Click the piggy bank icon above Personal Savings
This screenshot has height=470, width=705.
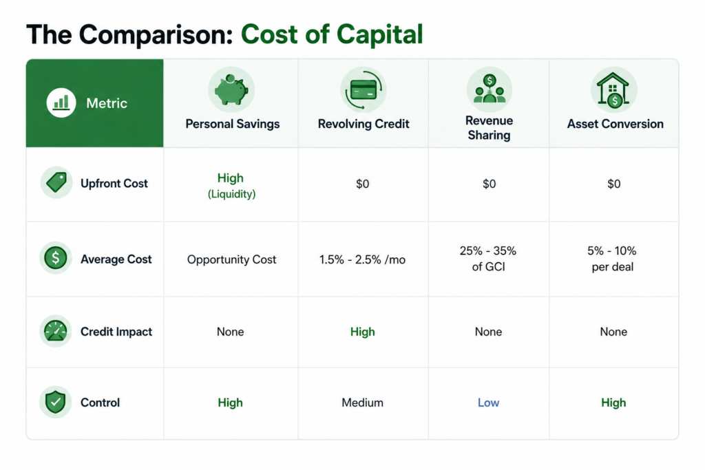(x=231, y=89)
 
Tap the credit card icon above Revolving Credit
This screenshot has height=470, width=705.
(x=364, y=89)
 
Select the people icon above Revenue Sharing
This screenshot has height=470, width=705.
(x=490, y=89)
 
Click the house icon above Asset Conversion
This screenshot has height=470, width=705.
(x=613, y=90)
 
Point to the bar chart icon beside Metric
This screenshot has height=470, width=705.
(x=61, y=103)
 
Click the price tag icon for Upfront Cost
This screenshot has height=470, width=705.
(x=56, y=182)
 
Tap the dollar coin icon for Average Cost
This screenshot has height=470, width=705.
(x=55, y=258)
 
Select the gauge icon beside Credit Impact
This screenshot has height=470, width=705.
(x=55, y=331)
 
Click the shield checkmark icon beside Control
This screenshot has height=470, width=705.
(x=55, y=402)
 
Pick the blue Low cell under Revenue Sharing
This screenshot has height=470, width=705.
(x=488, y=403)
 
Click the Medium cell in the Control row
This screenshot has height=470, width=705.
(x=362, y=403)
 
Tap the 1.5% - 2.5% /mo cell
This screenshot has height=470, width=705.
(x=362, y=259)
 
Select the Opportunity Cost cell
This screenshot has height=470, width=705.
(x=231, y=259)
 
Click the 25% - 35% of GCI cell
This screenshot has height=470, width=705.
(x=488, y=258)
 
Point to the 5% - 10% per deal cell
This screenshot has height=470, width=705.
(x=612, y=258)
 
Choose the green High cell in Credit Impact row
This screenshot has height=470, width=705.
(x=362, y=332)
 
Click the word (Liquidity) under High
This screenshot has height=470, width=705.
(x=231, y=194)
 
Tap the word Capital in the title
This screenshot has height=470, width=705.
(x=379, y=34)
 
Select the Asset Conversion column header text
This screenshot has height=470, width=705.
(x=615, y=124)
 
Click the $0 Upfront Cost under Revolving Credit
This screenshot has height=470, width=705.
(x=362, y=184)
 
